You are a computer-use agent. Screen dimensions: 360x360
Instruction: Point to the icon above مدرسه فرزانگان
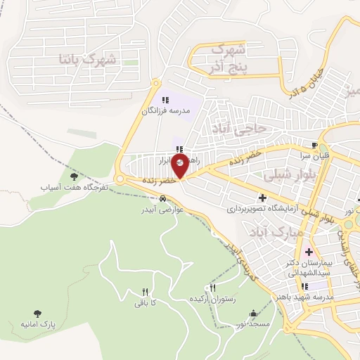pyautogui.click(x=165, y=100)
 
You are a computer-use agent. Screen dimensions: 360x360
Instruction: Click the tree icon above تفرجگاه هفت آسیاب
pyautogui.click(x=74, y=177)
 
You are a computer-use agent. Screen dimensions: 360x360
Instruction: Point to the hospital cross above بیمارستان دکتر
pyautogui.click(x=308, y=252)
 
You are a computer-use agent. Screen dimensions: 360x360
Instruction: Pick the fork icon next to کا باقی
pyautogui.click(x=146, y=292)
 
